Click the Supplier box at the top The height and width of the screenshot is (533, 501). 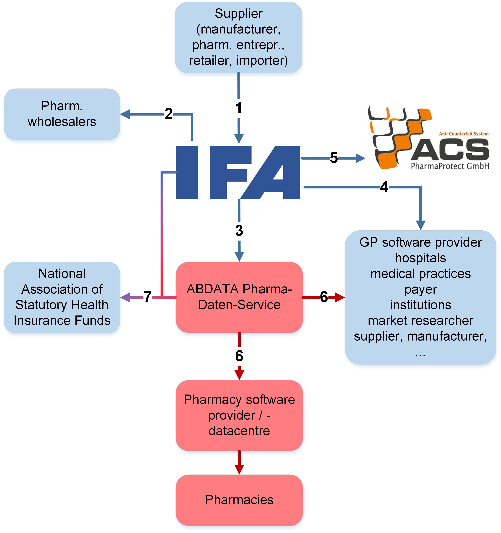tap(238, 38)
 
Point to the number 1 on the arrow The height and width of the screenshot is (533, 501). tap(238, 108)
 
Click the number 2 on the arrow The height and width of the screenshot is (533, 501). tap(169, 114)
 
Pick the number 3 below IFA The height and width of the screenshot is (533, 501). tap(239, 230)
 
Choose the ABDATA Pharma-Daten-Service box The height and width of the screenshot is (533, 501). tap(239, 297)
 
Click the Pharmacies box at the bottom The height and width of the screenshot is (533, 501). tap(239, 500)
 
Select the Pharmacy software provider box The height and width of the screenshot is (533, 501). tap(239, 415)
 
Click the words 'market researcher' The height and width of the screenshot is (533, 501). tap(420, 321)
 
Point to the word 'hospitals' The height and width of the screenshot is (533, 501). tap(420, 258)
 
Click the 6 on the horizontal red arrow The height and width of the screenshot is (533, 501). tap(324, 297)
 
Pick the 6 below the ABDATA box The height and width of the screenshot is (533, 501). tap(239, 356)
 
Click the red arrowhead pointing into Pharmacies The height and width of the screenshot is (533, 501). tap(239, 469)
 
